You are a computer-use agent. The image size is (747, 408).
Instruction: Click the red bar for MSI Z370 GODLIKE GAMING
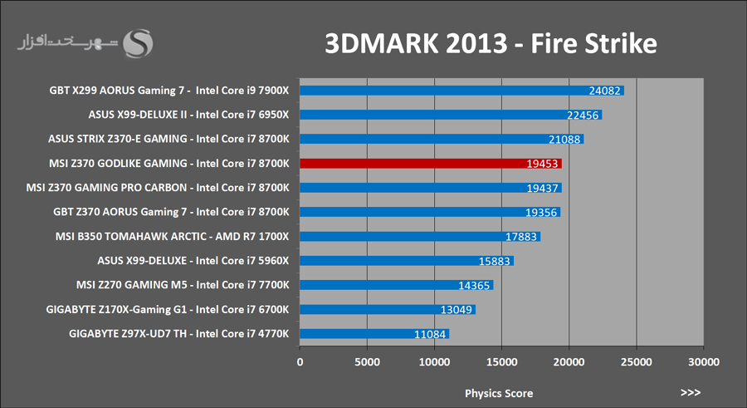tap(431, 164)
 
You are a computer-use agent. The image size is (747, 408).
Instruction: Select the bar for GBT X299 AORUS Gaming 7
tap(461, 91)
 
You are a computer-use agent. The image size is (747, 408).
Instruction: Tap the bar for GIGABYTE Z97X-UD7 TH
tap(374, 334)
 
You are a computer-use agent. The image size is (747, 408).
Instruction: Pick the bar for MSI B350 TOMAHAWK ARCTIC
tap(420, 237)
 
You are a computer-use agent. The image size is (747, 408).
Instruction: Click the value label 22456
tap(582, 115)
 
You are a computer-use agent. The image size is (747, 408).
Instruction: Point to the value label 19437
tap(542, 188)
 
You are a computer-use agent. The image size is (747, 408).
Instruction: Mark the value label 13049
tap(456, 310)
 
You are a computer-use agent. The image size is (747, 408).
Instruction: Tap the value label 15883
tap(494, 261)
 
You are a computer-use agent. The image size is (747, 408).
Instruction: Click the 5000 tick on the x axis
tap(367, 362)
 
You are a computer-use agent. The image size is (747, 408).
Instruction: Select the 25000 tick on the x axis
tap(636, 362)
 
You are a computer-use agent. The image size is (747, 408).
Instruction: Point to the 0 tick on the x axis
tap(300, 362)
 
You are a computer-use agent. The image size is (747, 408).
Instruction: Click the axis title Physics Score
tap(499, 394)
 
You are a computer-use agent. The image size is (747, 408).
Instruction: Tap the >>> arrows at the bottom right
tap(691, 392)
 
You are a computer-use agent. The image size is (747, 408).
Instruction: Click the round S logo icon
tap(138, 43)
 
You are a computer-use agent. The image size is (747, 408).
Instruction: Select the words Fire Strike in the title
tap(593, 43)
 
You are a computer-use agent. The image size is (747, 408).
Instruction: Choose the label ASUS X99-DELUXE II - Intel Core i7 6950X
tap(188, 115)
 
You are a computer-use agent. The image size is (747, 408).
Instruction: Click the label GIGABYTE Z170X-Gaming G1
tap(116, 309)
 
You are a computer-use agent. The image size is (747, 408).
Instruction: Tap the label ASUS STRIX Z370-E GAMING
tap(118, 139)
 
